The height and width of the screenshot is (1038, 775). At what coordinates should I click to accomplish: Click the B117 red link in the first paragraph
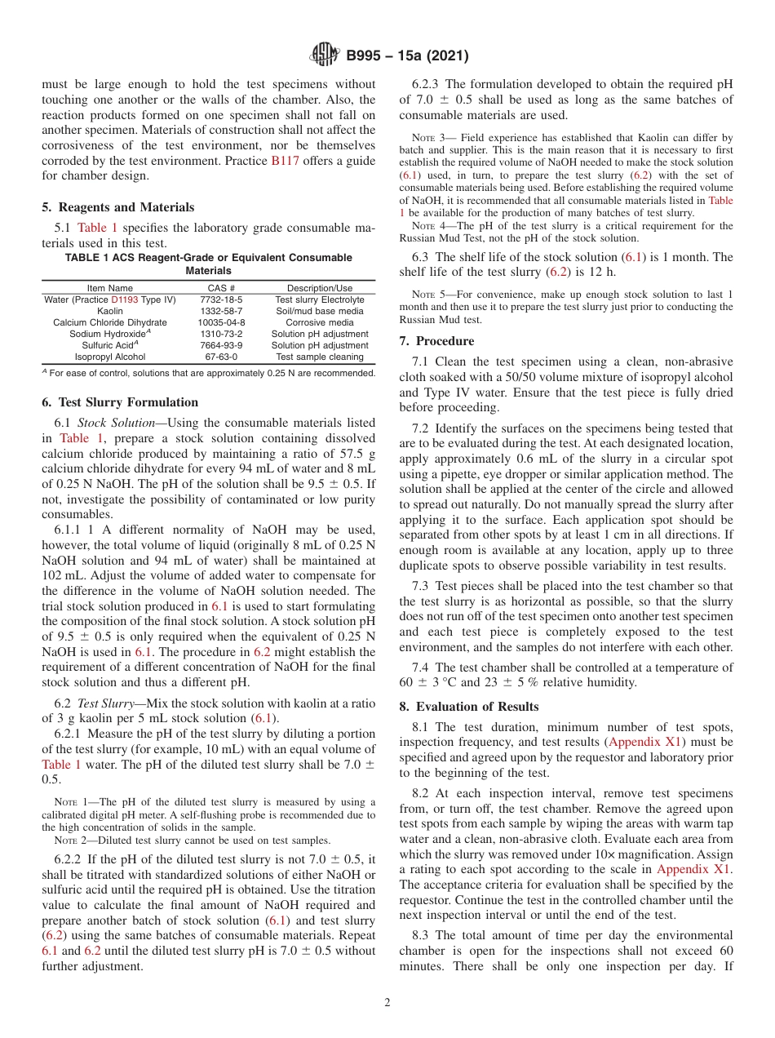[x=285, y=161]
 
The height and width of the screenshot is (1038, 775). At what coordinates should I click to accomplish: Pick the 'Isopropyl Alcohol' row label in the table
[x=110, y=357]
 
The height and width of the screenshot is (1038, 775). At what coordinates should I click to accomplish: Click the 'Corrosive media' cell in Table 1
[x=320, y=322]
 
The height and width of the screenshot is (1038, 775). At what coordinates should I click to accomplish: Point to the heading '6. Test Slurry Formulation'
[x=119, y=402]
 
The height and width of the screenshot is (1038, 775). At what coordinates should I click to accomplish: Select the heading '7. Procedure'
[x=436, y=340]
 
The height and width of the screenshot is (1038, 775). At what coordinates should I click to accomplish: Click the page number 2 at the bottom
[x=387, y=1002]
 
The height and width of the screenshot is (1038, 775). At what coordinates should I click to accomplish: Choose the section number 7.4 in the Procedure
[x=424, y=668]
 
